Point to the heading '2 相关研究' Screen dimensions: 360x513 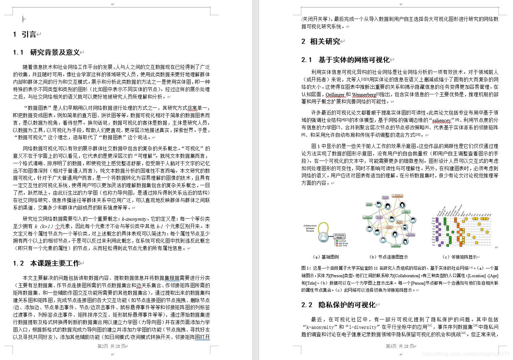pos(321,42)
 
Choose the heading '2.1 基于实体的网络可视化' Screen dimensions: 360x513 pos(345,60)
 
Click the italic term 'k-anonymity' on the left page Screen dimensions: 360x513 pos(134,219)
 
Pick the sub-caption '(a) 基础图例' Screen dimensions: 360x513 pos(325,257)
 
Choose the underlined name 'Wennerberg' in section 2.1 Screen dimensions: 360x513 pos(364,95)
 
